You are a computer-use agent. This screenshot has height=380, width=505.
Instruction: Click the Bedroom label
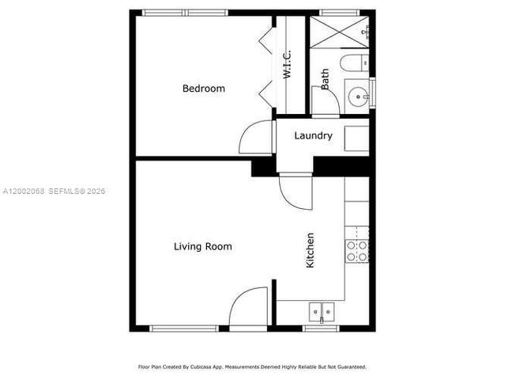(203, 89)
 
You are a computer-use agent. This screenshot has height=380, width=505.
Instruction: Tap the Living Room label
(202, 246)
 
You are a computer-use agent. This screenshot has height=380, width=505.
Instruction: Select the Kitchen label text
(311, 249)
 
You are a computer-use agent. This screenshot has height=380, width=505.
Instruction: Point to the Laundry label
(313, 135)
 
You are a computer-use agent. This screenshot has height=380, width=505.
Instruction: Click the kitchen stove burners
(357, 251)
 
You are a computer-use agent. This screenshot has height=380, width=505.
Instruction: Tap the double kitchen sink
(321, 311)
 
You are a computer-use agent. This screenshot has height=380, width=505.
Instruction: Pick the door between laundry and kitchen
(295, 190)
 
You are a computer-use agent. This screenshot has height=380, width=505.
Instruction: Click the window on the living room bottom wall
(184, 328)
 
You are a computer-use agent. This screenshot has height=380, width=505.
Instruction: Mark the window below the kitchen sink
(321, 328)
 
